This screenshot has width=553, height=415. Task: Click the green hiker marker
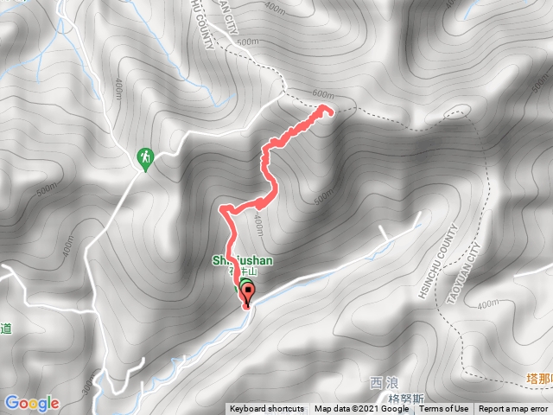[x=145, y=158]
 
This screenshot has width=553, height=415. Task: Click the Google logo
[x=31, y=403]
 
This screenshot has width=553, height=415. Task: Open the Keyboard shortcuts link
[x=267, y=409]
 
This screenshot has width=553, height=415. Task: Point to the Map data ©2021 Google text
[x=361, y=409]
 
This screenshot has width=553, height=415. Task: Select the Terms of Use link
[x=444, y=409]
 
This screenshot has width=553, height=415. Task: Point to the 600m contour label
[x=322, y=94]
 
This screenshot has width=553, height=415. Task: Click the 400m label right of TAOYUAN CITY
[x=487, y=303]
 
